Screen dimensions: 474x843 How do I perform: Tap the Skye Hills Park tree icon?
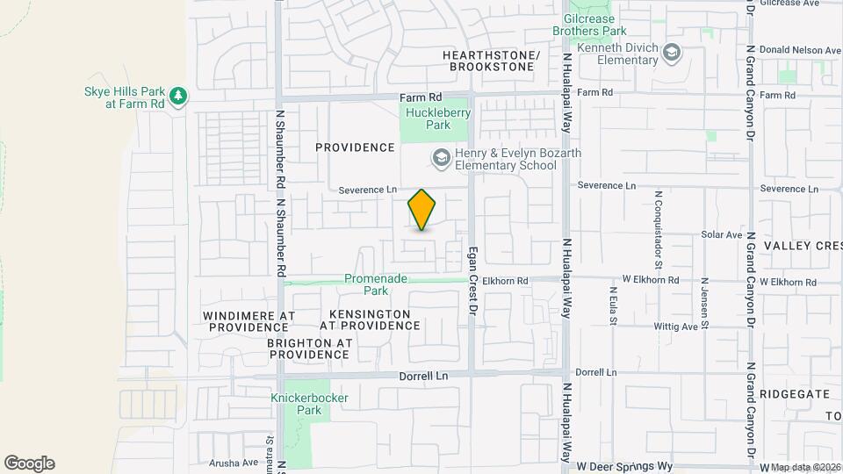178,95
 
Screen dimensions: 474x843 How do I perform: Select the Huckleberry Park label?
439,118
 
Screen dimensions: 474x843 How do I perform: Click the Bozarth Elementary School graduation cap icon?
440,158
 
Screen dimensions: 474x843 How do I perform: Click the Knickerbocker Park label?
309,404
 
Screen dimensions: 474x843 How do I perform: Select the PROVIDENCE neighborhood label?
355,147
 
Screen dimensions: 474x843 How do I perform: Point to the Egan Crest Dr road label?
472,274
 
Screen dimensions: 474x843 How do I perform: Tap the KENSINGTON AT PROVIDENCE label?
370,320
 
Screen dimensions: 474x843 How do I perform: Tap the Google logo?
30,463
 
